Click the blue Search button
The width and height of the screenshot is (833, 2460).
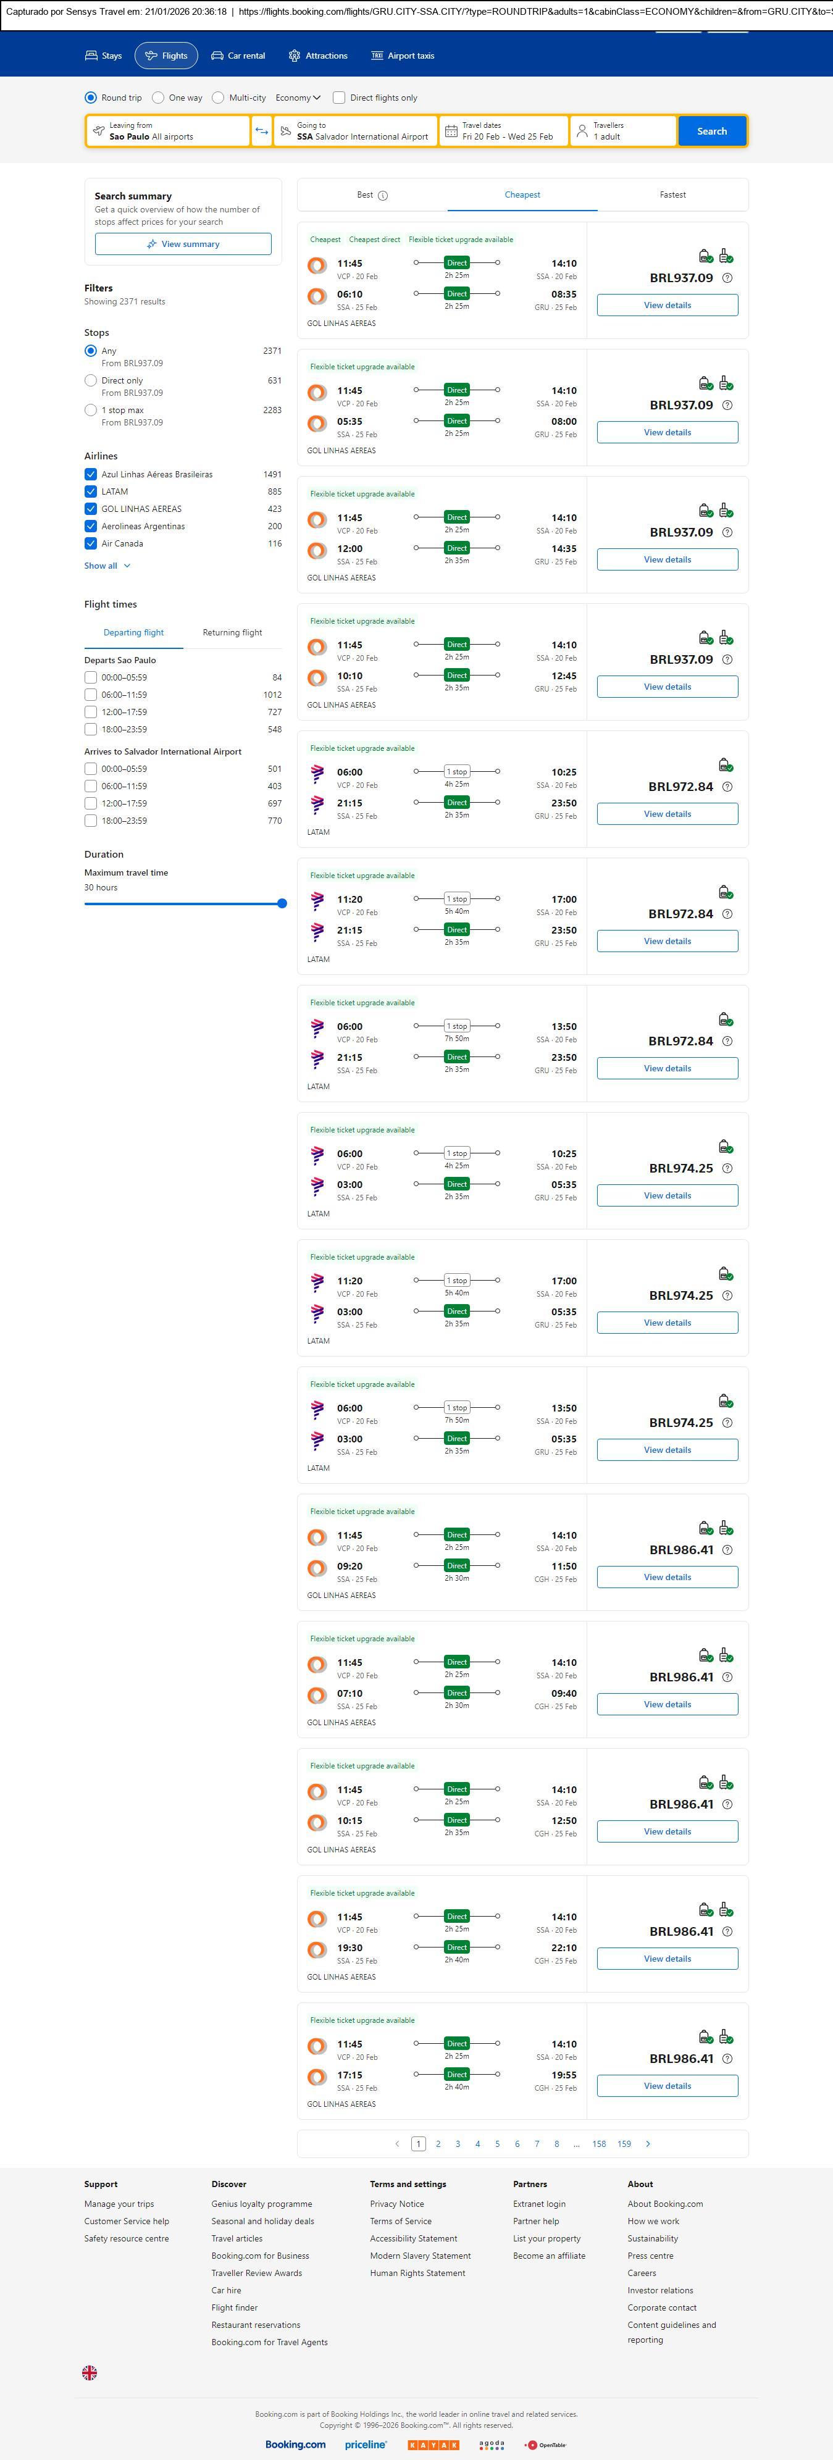pos(712,131)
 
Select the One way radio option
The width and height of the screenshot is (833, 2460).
pos(159,98)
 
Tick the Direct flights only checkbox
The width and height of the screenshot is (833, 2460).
pos(339,98)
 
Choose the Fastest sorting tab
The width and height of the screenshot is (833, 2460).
pos(672,195)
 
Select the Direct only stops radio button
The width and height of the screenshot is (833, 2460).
pos(91,381)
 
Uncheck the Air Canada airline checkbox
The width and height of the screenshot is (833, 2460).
pos(91,543)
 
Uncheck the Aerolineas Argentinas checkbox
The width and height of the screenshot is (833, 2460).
pos(91,526)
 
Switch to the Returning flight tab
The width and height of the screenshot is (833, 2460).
pos(232,632)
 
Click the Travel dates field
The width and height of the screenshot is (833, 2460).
pos(503,131)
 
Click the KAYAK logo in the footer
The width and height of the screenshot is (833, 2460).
pos(433,2445)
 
